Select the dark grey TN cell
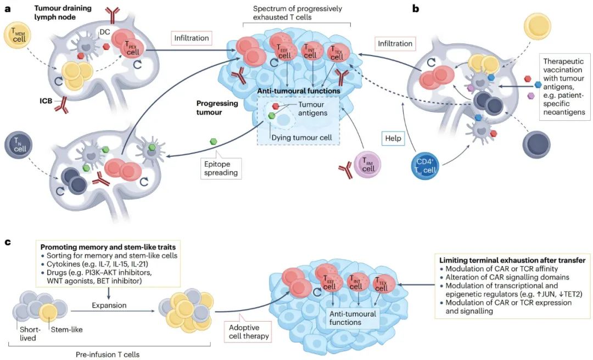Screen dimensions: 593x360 tap(19, 145)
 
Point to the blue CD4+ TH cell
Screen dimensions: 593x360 tap(426, 166)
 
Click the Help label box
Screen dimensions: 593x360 tap(393, 138)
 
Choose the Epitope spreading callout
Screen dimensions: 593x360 tap(221, 167)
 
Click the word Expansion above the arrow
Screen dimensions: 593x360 tap(109, 305)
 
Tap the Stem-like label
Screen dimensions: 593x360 tap(66, 329)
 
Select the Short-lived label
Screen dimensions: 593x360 tap(28, 334)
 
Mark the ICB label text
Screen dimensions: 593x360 tap(46, 101)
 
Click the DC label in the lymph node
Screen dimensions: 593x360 tap(105, 32)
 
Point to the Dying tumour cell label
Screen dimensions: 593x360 tap(302, 138)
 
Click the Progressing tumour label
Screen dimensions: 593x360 tap(217, 108)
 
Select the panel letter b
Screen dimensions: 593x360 tap(416, 8)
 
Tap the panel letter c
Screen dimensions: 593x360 tap(8, 242)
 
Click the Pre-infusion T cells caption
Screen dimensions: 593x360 tap(108, 355)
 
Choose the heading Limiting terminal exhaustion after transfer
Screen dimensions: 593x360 tap(512, 260)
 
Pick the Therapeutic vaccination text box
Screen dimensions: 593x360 tap(564, 87)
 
